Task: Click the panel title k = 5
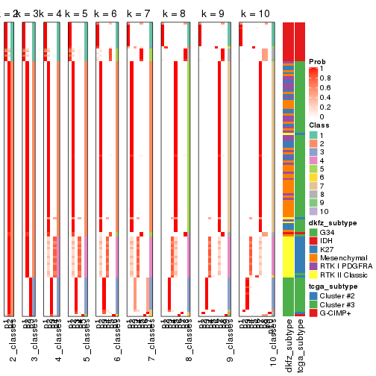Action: [76, 14]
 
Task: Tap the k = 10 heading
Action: [254, 14]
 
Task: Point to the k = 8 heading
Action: [175, 14]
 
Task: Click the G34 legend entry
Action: [328, 232]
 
